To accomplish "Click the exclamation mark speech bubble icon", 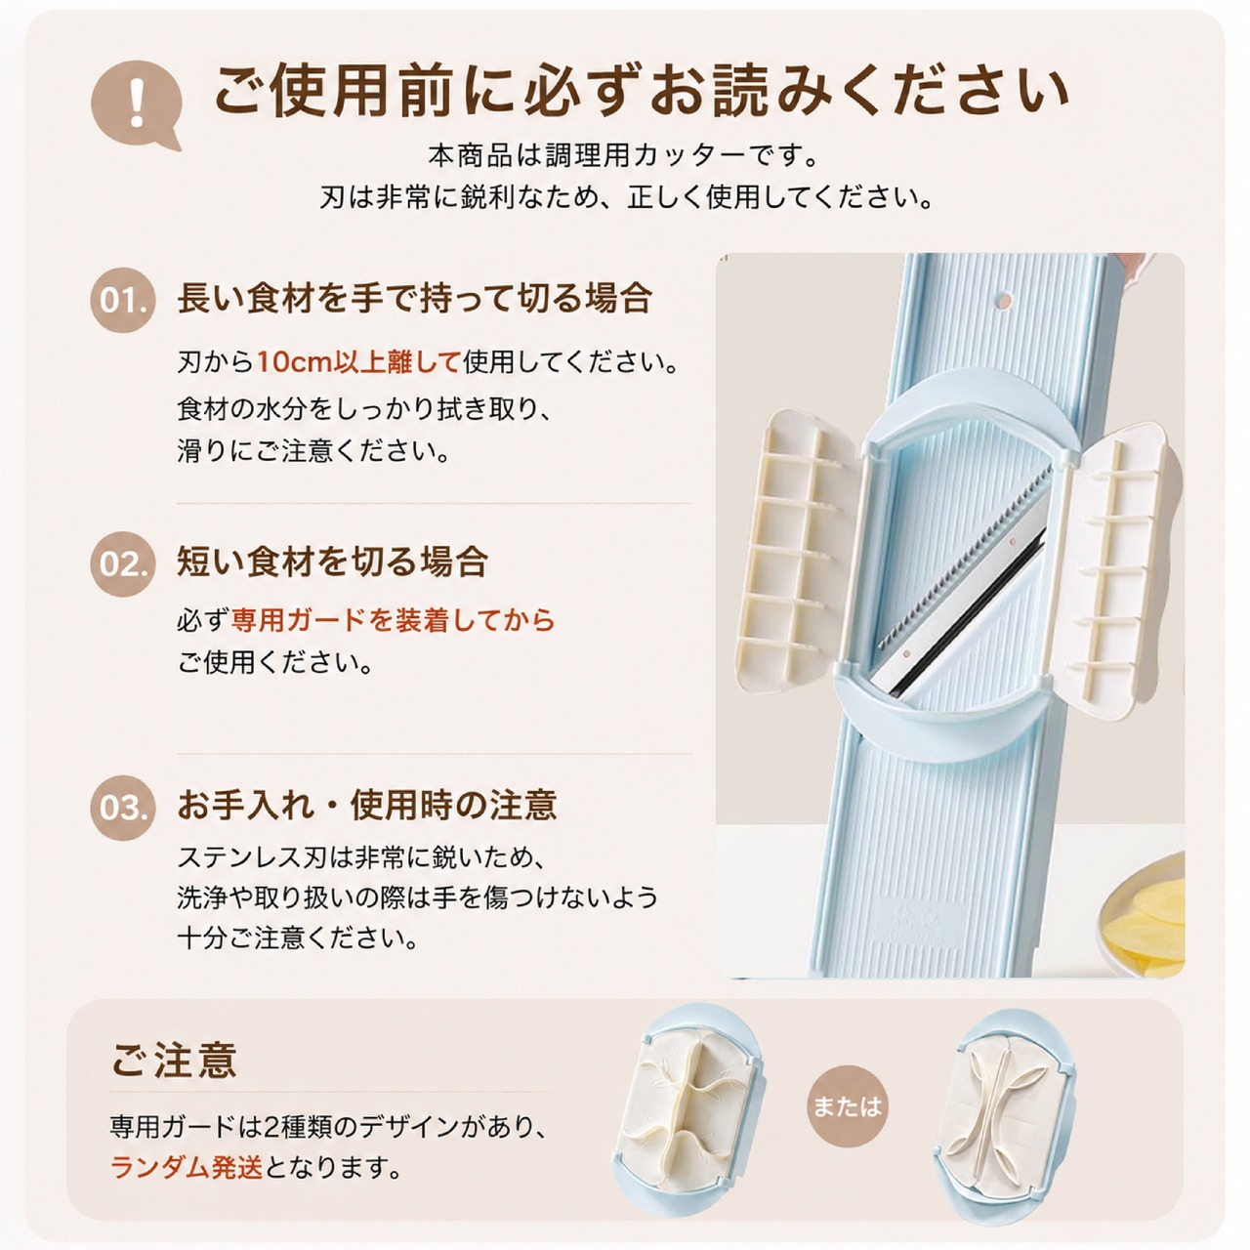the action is (x=135, y=105).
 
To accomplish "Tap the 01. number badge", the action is (x=123, y=301).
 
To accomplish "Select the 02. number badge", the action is (x=123, y=563).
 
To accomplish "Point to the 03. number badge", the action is (x=123, y=809).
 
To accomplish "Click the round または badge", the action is (x=848, y=1102).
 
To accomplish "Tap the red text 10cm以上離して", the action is (x=358, y=362).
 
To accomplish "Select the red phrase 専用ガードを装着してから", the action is (x=394, y=620).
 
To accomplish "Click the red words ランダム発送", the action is (x=187, y=1168).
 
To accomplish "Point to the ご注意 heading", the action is (x=175, y=1060).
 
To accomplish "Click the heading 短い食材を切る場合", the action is (x=332, y=562).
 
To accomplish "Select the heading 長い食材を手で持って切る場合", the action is (x=414, y=299).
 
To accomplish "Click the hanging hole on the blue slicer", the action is (x=1004, y=300).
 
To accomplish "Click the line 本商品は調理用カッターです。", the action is (x=623, y=156).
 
